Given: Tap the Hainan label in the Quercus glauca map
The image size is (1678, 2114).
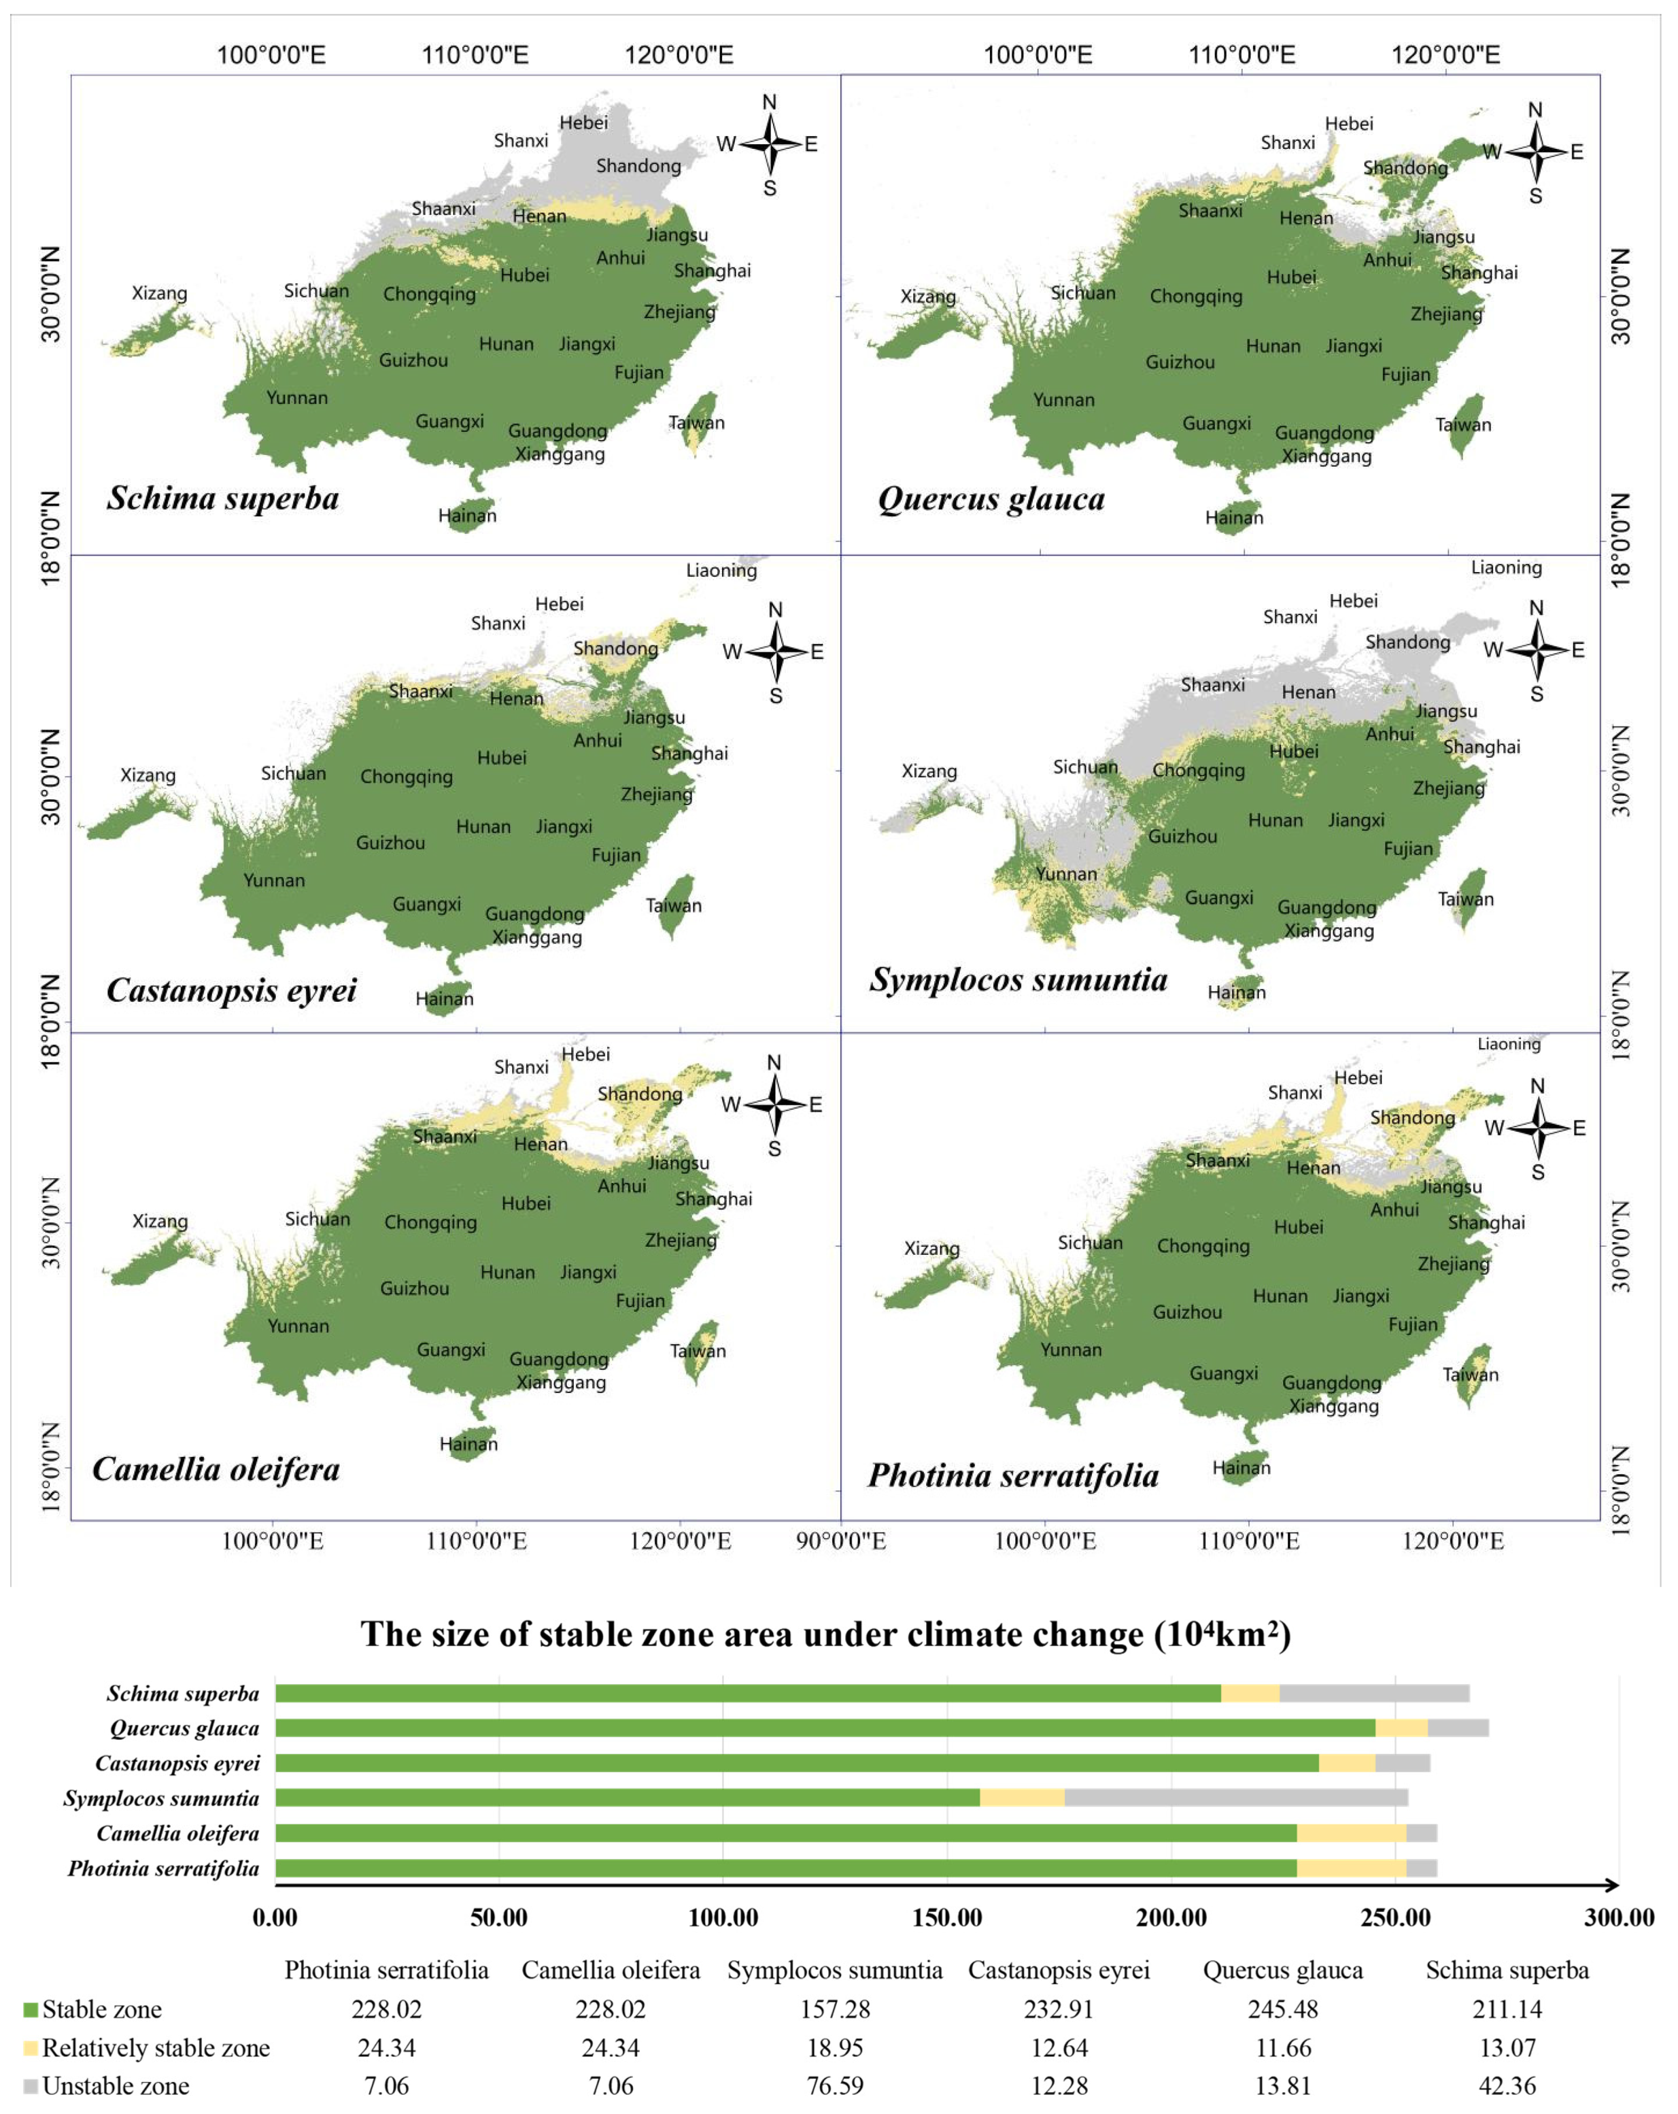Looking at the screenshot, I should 1234,518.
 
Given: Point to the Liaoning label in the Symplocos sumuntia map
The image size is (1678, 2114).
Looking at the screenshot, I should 1506,568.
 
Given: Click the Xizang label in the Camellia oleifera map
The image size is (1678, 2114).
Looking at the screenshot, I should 160,1222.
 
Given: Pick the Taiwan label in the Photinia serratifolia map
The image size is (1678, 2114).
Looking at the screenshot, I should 1470,1375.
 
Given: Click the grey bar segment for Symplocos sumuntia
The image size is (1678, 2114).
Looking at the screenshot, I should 1236,1797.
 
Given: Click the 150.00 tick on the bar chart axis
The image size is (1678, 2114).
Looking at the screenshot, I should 947,1917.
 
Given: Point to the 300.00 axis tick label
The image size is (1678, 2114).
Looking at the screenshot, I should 1619,1917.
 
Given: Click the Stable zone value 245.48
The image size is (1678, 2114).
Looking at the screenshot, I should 1283,2009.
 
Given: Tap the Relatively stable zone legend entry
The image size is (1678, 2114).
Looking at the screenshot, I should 147,2048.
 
